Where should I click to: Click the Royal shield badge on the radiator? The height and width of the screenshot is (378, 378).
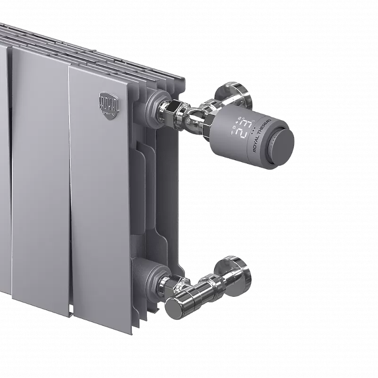tap(110, 103)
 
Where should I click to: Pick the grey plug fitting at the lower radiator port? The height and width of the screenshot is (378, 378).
tap(154, 275)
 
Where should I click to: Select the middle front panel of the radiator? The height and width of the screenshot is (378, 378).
tap(40, 180)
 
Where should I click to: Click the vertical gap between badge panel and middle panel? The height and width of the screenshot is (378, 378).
tap(69, 189)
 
